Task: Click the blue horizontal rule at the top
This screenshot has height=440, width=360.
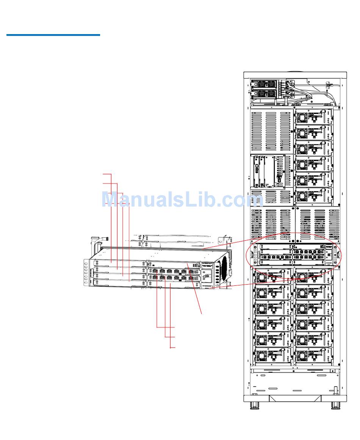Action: tap(53, 35)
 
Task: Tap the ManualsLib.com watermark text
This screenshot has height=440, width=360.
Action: tap(182, 200)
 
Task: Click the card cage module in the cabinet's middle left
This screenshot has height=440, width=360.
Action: tap(269, 171)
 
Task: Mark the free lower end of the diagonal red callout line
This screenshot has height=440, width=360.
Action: tap(202, 313)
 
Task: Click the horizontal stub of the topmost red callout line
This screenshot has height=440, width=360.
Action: tap(107, 174)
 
